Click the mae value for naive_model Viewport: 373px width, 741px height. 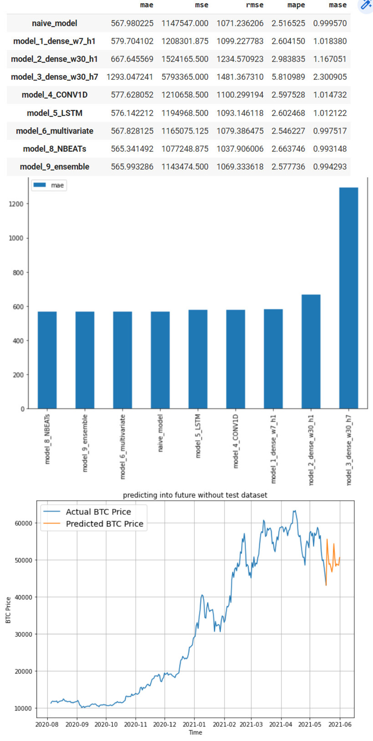(132, 23)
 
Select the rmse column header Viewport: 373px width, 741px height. (254, 5)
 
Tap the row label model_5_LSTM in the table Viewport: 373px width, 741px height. (55, 113)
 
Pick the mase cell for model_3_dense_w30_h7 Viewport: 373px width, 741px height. (330, 77)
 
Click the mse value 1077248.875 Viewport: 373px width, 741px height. (185, 149)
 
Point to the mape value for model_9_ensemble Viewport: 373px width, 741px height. (288, 167)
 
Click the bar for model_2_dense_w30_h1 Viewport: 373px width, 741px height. (311, 351)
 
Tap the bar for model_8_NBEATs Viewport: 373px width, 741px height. (47, 360)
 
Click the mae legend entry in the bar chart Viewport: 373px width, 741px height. (49, 185)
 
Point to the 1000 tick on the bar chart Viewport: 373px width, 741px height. (16, 238)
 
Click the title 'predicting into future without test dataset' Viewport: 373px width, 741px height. (195, 495)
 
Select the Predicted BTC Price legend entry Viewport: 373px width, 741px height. (104, 524)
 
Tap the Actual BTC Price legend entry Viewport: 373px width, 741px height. (98, 512)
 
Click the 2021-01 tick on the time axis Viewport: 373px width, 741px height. (194, 724)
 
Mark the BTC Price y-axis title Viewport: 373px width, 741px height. (8, 610)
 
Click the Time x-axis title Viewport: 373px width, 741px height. (195, 732)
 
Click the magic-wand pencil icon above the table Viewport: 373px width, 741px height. (366, 5)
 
